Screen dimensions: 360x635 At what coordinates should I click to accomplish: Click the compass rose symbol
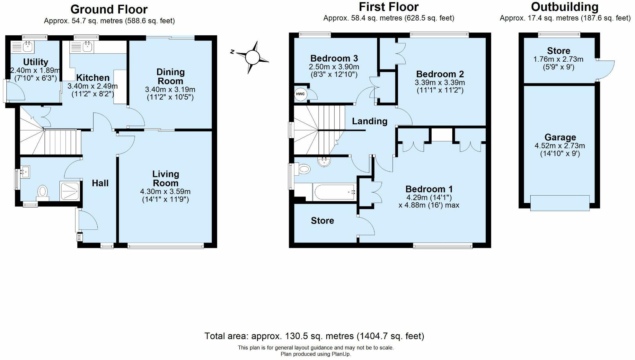click(x=252, y=57)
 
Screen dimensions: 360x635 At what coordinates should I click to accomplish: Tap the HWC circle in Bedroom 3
click(x=300, y=94)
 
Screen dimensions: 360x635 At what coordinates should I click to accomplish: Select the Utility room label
click(x=36, y=62)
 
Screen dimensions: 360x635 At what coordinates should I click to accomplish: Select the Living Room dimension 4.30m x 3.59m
click(x=165, y=191)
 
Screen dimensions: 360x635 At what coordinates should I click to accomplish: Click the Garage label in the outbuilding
click(x=560, y=137)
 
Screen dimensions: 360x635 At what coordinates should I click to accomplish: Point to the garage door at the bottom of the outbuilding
click(x=560, y=203)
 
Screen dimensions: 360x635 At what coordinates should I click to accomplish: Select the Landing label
click(x=369, y=121)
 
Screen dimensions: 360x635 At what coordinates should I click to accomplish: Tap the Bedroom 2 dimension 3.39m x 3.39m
click(x=440, y=83)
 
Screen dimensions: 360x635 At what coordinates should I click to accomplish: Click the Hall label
click(x=100, y=183)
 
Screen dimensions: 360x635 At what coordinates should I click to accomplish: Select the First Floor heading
click(x=388, y=7)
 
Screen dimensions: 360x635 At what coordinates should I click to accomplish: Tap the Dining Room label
click(x=170, y=76)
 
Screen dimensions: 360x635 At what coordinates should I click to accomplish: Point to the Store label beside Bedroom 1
click(x=322, y=221)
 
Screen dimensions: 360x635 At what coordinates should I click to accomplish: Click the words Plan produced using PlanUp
click(x=315, y=354)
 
